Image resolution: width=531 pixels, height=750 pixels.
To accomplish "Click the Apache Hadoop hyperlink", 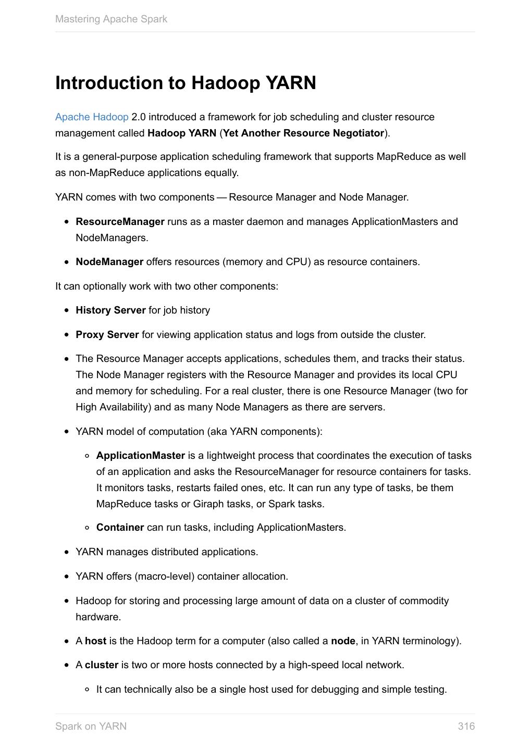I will point(92,117).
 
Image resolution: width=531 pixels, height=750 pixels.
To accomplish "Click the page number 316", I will point(466,726).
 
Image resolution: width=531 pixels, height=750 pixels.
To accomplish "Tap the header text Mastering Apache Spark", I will point(111,19).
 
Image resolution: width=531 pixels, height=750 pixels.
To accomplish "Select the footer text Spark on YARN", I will point(91,726).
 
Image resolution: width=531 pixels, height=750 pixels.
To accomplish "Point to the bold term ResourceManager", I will point(120,222).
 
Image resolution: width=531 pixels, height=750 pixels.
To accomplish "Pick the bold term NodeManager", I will point(109,262).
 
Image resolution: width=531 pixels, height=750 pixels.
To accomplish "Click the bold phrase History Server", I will point(110,310).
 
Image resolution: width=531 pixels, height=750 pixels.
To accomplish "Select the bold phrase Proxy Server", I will point(107,335).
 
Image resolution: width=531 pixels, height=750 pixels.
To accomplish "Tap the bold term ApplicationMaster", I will point(141,456).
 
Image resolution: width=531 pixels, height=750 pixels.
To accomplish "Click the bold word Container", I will point(120,528).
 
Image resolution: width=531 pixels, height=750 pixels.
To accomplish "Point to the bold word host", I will point(95,641).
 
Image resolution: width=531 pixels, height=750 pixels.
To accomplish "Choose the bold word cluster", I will point(102,665).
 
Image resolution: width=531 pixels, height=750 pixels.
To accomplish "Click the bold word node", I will point(343,641).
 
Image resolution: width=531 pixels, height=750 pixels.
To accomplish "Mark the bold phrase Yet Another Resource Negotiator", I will point(303,133).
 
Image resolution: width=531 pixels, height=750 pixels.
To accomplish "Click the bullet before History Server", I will point(67,311).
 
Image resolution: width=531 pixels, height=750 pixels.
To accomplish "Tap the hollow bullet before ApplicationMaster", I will point(88,456).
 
